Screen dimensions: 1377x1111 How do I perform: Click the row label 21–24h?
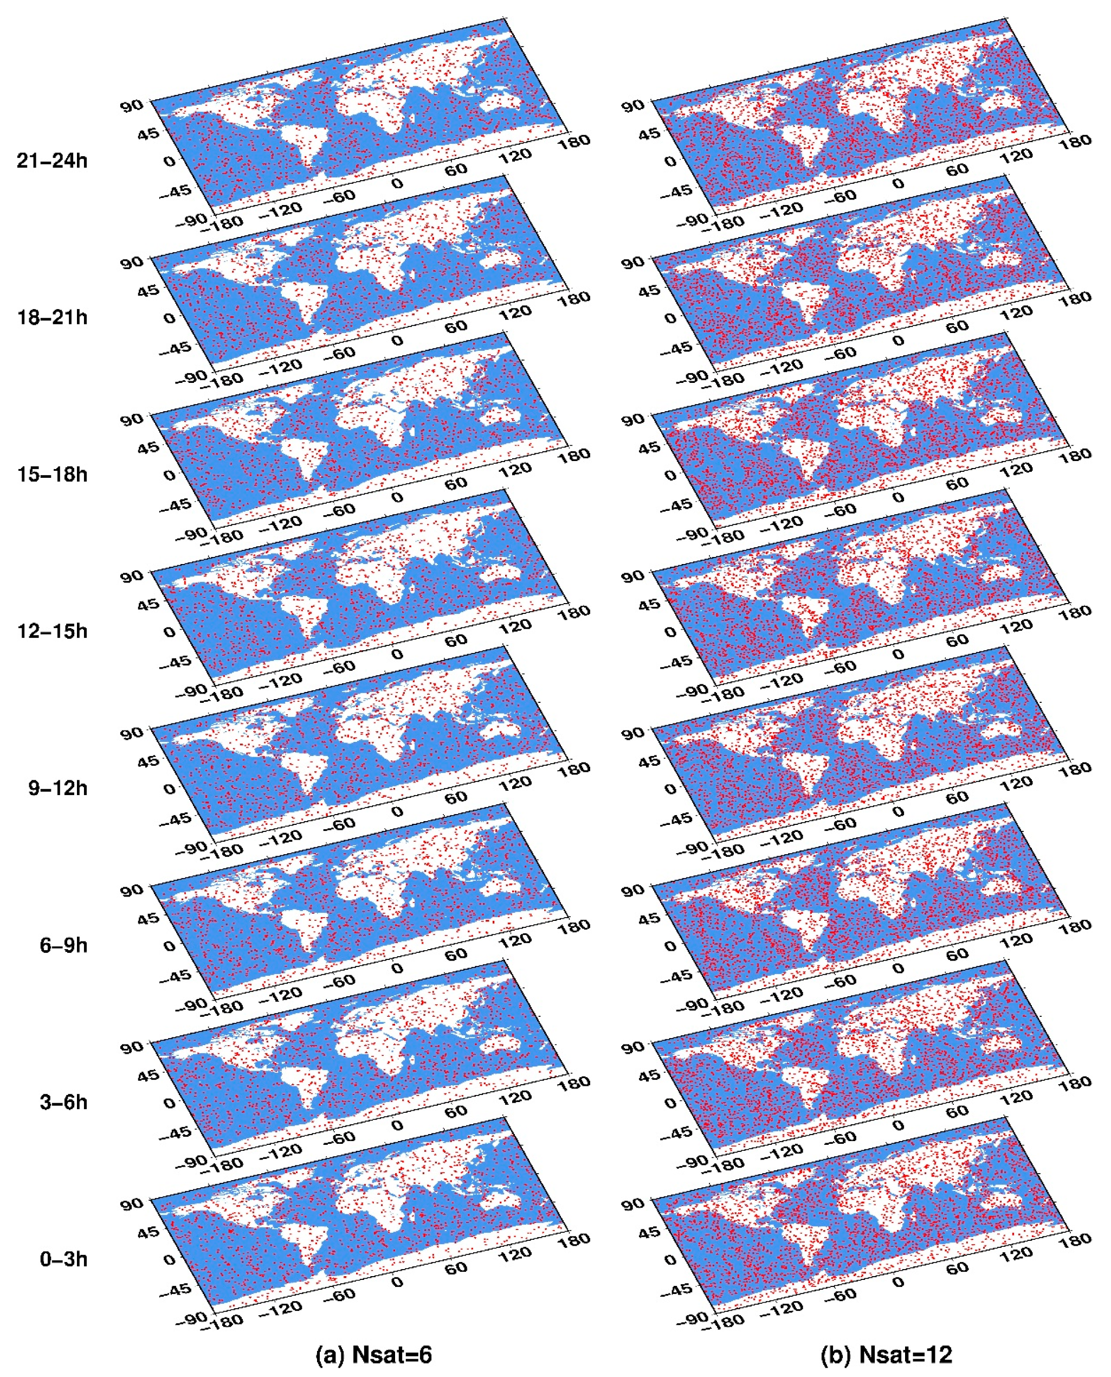coord(52,161)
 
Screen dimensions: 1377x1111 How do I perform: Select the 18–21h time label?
coord(52,318)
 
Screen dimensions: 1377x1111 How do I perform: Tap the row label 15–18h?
coord(52,475)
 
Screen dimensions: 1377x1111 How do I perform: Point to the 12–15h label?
coord(52,631)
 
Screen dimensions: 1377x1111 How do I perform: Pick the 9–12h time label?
coord(57,789)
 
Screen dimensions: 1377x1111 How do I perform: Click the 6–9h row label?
coord(63,945)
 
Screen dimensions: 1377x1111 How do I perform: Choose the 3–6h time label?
coord(63,1102)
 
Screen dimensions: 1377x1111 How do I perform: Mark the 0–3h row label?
coord(63,1259)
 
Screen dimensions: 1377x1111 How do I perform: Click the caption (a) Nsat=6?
coord(374,1355)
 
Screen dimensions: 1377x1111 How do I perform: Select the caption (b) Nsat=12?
coord(887,1355)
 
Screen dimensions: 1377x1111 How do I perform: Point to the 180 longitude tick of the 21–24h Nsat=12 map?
coord(1075,142)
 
